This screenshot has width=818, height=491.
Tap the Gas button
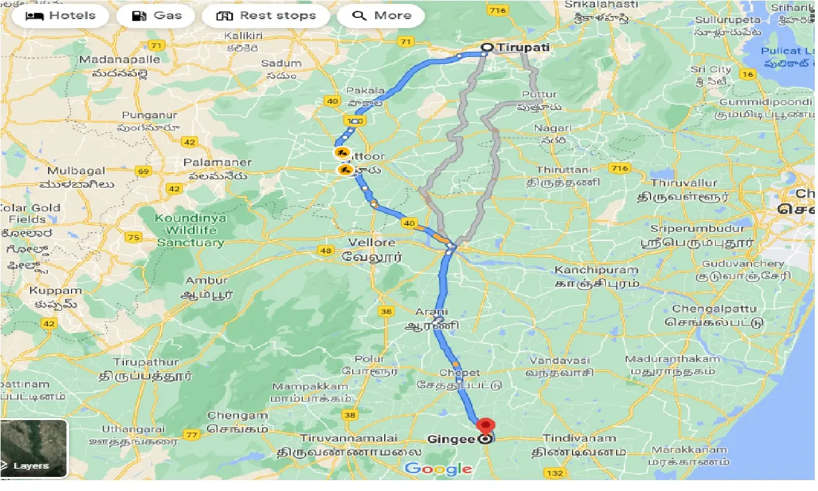pos(157,16)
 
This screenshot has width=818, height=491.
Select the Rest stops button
pos(266,16)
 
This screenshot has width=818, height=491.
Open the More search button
pos(381,16)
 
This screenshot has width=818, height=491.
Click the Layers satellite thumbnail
pos(33,448)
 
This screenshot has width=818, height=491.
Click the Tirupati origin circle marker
pos(487,47)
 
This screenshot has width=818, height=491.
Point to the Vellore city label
pos(372,243)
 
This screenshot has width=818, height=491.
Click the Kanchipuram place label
pos(597,270)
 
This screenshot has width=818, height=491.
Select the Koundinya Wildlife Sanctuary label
pos(190,230)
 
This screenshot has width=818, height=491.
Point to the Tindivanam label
pos(580,439)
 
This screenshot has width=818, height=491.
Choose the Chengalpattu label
pos(713,309)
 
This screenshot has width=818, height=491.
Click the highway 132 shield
pos(555,472)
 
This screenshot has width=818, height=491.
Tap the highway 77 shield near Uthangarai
pos(191,435)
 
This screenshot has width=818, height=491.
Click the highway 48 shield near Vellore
pos(327,250)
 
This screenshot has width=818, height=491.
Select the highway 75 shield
pos(134,238)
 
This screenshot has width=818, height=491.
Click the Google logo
pos(438,469)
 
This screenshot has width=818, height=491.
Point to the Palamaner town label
pos(217,162)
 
